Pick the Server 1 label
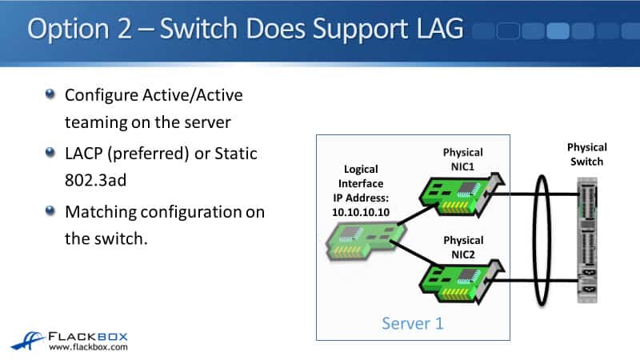(412, 323)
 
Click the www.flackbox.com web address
(88, 347)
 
